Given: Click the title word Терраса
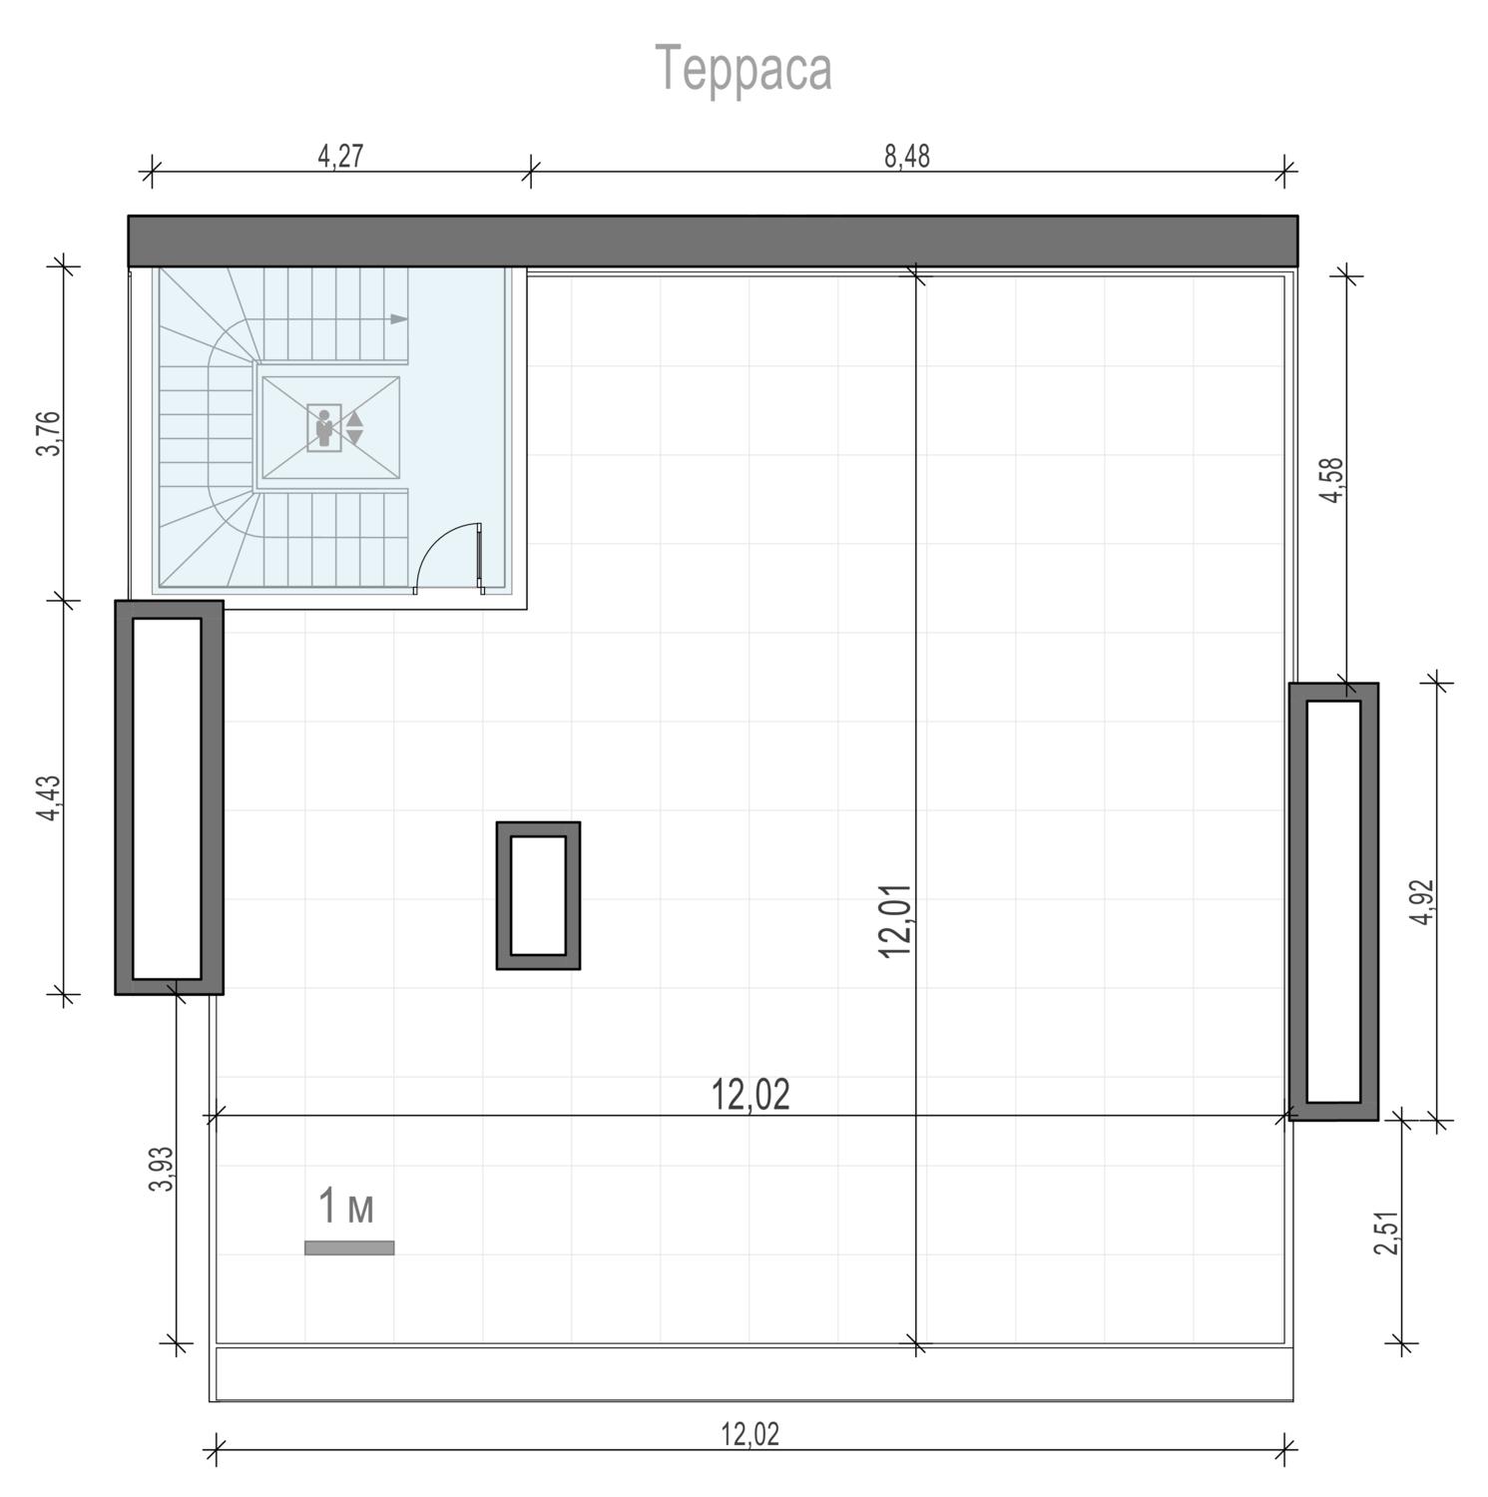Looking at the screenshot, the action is [x=744, y=69].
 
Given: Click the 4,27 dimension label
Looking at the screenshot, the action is [x=340, y=157].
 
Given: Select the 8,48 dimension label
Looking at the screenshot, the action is [x=907, y=157].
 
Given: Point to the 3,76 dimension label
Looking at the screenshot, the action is [x=49, y=433].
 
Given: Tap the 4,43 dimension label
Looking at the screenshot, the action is [x=49, y=799].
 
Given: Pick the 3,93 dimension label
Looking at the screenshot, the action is [x=162, y=1168].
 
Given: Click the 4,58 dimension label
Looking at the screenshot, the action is [x=1332, y=480].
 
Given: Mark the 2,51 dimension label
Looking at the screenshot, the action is [x=1387, y=1234].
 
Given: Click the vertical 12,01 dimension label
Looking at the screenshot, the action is [x=896, y=920].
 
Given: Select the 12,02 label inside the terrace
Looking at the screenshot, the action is [x=750, y=1095].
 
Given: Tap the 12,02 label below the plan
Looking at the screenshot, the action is [x=750, y=1434].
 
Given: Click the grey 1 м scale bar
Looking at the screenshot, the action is [x=349, y=1247].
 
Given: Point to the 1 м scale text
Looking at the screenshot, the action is [x=346, y=1206].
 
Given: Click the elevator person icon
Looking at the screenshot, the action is [x=323, y=428].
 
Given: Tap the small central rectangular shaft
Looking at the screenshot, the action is [x=539, y=895].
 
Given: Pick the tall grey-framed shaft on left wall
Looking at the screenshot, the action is [x=169, y=797].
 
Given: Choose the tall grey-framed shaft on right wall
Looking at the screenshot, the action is [x=1333, y=901].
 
